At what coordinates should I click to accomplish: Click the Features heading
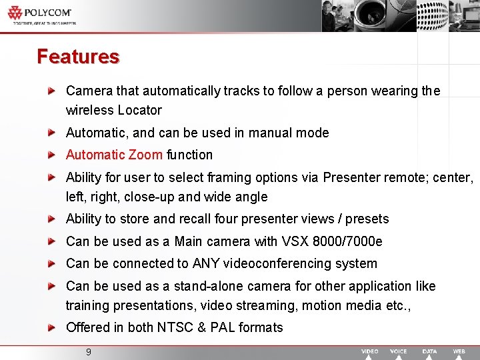click(x=78, y=57)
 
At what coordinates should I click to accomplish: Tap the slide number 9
click(x=88, y=351)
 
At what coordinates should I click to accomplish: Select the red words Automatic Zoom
click(x=114, y=155)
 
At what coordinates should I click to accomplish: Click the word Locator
click(x=139, y=110)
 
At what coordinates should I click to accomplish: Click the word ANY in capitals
click(x=205, y=263)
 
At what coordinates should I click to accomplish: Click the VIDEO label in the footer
click(x=370, y=351)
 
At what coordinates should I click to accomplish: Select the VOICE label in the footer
click(x=398, y=351)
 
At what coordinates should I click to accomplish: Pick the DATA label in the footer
click(x=430, y=351)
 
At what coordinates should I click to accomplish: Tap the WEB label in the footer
click(x=459, y=351)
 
